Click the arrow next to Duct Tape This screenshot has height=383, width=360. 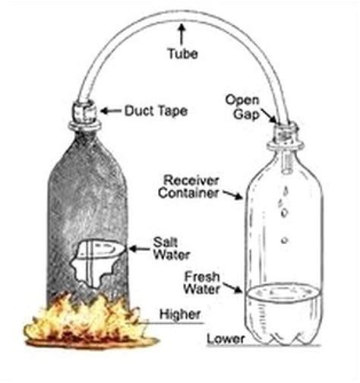click(x=109, y=111)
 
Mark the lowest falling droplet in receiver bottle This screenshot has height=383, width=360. click(x=283, y=241)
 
